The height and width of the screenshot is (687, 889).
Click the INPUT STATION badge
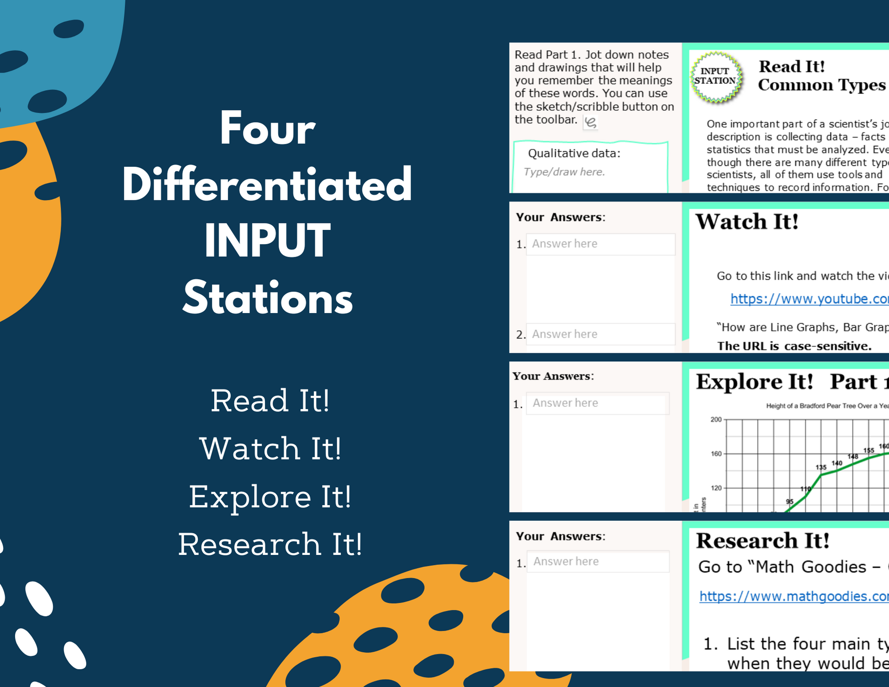pyautogui.click(x=716, y=76)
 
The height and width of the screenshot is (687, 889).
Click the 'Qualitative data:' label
pyautogui.click(x=574, y=153)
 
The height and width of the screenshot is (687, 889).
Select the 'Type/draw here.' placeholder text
pyautogui.click(x=564, y=172)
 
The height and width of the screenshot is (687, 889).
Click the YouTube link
pyautogui.click(x=809, y=299)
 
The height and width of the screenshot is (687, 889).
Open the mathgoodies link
pyautogui.click(x=794, y=596)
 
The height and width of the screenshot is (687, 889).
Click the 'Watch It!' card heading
pyautogui.click(x=747, y=222)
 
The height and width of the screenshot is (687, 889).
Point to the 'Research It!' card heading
pyautogui.click(x=762, y=541)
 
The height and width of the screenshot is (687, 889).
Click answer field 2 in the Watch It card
pyautogui.click(x=600, y=334)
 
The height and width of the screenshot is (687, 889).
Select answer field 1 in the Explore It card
pyautogui.click(x=598, y=403)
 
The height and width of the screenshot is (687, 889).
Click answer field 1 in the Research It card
pyautogui.click(x=598, y=561)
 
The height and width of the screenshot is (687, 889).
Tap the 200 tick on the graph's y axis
pyautogui.click(x=716, y=420)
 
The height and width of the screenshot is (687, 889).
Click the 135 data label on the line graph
pyautogui.click(x=821, y=467)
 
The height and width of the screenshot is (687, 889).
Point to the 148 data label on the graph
pyautogui.click(x=853, y=456)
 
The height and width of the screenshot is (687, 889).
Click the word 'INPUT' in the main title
pyautogui.click(x=267, y=240)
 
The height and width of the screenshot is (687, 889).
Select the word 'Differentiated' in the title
pyautogui.click(x=267, y=185)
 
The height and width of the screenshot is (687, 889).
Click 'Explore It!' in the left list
pyautogui.click(x=270, y=497)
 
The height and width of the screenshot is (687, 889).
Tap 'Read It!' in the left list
pyautogui.click(x=270, y=401)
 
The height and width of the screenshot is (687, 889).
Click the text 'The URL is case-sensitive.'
pyautogui.click(x=794, y=346)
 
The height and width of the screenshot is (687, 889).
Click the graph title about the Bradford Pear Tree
pyautogui.click(x=827, y=406)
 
